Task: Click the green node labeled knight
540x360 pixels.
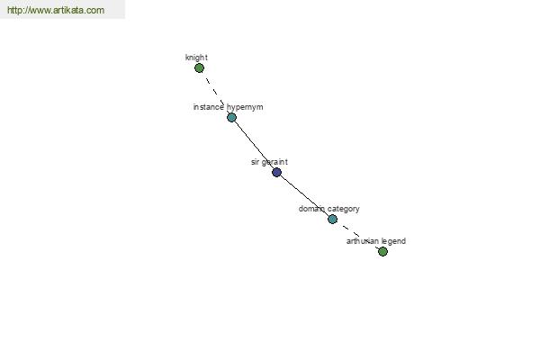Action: [x=199, y=67]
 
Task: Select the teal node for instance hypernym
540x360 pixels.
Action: [x=232, y=118]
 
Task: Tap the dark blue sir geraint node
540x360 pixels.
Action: [x=276, y=172]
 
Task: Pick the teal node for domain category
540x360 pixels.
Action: [x=332, y=219]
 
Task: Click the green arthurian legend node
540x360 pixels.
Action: [x=382, y=251]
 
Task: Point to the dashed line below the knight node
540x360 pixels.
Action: [x=216, y=93]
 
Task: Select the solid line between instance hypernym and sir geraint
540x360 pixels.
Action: [x=254, y=145]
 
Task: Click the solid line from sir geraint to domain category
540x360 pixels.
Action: [x=304, y=195]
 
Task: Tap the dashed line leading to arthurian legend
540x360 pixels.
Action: [x=357, y=235]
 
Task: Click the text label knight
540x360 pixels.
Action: [x=196, y=58]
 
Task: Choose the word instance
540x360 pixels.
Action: [x=209, y=107]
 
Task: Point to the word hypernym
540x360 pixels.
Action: [x=245, y=107]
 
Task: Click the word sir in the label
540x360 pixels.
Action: [x=255, y=162]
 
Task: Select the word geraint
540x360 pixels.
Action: [x=274, y=162]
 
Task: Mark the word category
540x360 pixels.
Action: [x=344, y=209]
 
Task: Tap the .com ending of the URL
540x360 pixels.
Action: [x=94, y=10]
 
